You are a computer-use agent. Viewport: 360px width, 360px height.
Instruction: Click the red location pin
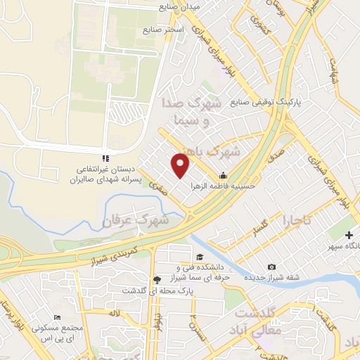pos(181,165)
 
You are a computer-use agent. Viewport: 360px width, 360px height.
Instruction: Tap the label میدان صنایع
pos(180,7)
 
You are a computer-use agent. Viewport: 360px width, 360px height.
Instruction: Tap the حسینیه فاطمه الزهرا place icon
pos(223,176)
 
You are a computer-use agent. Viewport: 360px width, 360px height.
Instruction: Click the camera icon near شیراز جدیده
pos(271,267)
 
